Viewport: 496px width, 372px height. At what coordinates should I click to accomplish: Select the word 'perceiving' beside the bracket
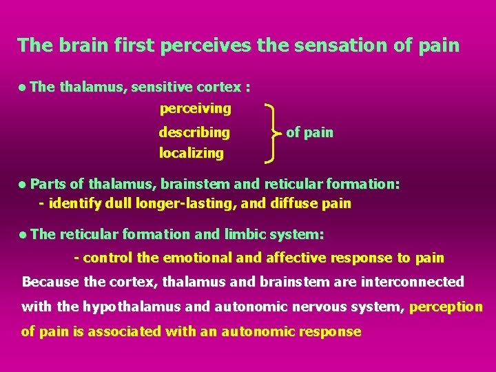(x=195, y=109)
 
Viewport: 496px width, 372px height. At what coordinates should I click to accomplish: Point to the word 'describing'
(x=194, y=132)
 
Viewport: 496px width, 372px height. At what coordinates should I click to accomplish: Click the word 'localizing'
(x=192, y=154)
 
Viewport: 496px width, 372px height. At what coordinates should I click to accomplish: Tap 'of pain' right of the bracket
(x=309, y=132)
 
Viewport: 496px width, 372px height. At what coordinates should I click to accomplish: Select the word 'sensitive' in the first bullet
(x=160, y=87)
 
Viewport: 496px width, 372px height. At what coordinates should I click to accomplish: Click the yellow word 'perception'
(x=446, y=307)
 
